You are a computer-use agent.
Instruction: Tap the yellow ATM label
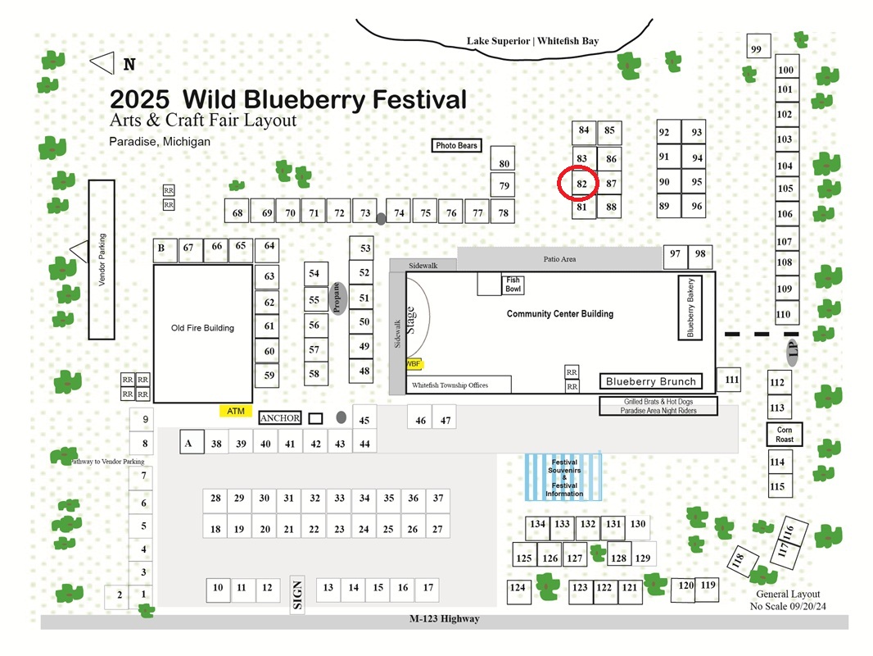pos(236,412)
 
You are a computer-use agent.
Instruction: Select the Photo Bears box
pos(456,145)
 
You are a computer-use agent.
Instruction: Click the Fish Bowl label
pos(513,285)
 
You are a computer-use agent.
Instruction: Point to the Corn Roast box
pos(785,434)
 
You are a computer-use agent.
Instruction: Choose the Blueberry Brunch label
pos(651,381)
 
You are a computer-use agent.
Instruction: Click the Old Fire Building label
pos(202,328)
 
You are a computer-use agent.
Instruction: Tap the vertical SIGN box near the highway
pos(297,594)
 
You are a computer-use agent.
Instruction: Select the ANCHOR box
pos(280,418)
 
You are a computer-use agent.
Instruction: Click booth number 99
pos(758,46)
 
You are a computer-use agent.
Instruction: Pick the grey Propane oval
pos(338,298)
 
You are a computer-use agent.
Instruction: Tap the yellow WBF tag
pos(414,364)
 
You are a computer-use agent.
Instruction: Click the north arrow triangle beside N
pos(102,63)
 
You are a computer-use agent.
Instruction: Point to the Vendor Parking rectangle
pos(102,260)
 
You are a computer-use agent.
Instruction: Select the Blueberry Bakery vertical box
pos(690,307)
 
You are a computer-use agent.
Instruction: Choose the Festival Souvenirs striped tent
pos(563,477)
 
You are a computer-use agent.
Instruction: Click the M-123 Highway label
pos(445,618)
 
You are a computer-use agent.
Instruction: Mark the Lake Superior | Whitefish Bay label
pos(533,41)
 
